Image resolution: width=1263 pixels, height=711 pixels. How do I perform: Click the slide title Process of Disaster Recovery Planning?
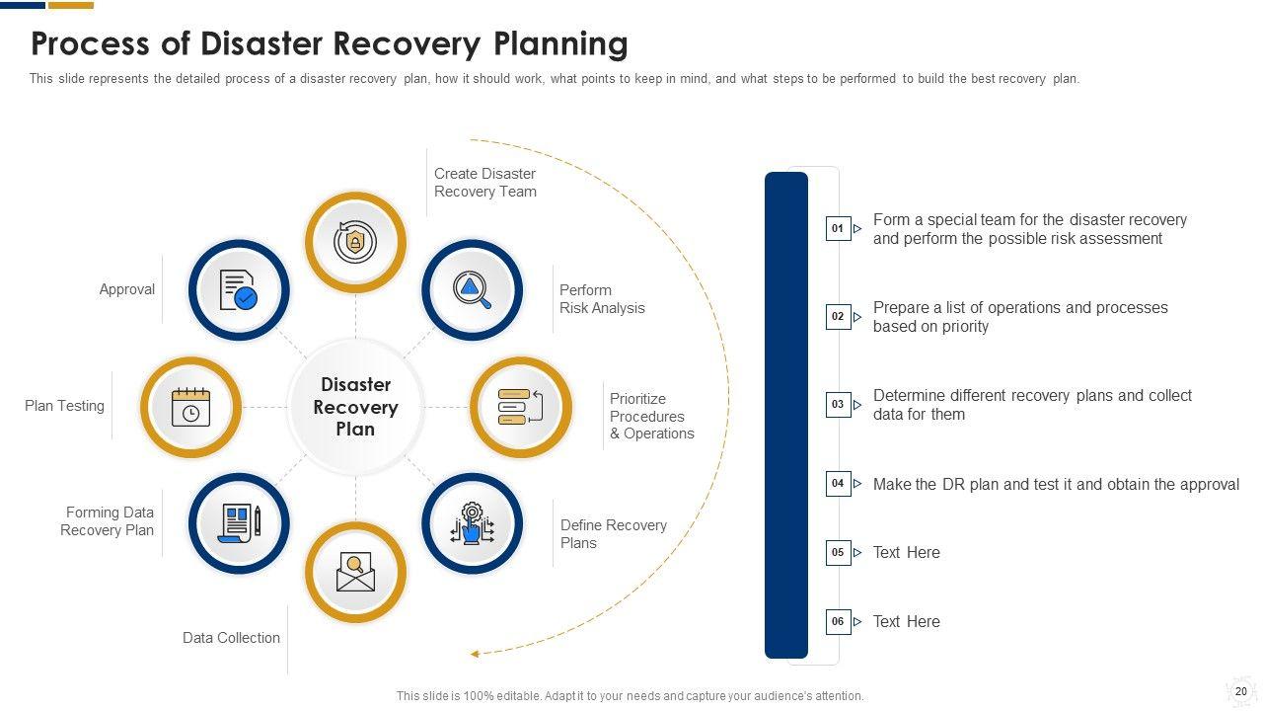pyautogui.click(x=330, y=44)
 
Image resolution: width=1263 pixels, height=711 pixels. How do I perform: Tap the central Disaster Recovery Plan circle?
pyautogui.click(x=355, y=407)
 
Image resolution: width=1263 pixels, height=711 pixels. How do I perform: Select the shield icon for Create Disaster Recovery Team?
pyautogui.click(x=355, y=242)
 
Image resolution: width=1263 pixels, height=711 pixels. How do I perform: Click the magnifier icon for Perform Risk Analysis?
pyautogui.click(x=472, y=289)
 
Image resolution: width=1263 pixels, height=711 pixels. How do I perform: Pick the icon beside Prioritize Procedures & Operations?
pyautogui.click(x=520, y=407)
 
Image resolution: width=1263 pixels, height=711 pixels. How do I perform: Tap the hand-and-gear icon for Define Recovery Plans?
pyautogui.click(x=472, y=523)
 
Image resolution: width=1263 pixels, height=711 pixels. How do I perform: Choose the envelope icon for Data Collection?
pyautogui.click(x=355, y=573)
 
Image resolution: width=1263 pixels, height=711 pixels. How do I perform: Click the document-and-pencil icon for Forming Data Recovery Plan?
pyautogui.click(x=239, y=523)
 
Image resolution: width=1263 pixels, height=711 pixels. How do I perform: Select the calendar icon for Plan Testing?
pyautogui.click(x=190, y=407)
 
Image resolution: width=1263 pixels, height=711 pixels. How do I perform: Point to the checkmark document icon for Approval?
pyautogui.click(x=239, y=289)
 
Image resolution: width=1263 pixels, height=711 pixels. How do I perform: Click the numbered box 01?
pyautogui.click(x=838, y=229)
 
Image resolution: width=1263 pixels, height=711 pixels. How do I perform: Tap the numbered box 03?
pyautogui.click(x=838, y=405)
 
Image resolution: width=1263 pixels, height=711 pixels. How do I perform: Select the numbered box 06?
pyautogui.click(x=838, y=622)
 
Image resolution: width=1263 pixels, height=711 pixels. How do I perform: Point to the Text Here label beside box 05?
pyautogui.click(x=906, y=553)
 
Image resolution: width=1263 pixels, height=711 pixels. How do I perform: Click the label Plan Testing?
pyautogui.click(x=64, y=406)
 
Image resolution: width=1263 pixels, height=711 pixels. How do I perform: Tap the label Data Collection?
pyautogui.click(x=231, y=638)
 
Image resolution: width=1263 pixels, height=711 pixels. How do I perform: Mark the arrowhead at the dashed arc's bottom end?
pyautogui.click(x=475, y=654)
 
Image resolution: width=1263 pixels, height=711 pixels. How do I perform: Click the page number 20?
pyautogui.click(x=1241, y=691)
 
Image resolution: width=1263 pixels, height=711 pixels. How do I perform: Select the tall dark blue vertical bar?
pyautogui.click(x=786, y=415)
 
